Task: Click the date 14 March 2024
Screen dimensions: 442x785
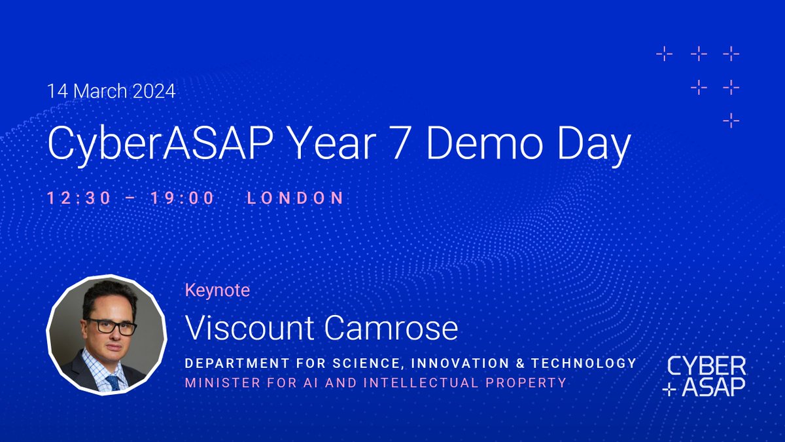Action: (111, 91)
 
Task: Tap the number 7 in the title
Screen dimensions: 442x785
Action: (390, 145)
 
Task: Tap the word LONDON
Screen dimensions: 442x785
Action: (295, 198)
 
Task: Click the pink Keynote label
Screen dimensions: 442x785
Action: (217, 290)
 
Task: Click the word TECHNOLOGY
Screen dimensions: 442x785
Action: (585, 363)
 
